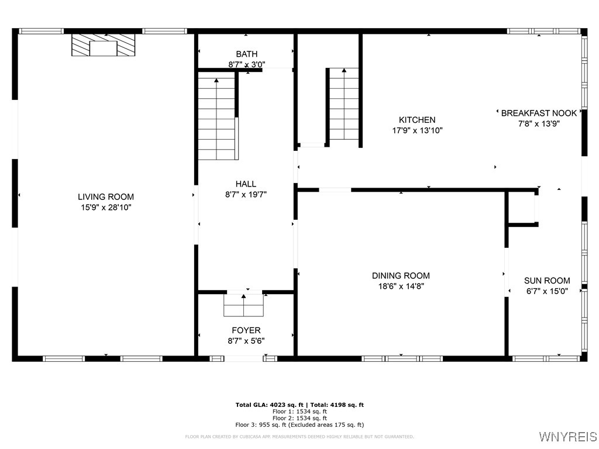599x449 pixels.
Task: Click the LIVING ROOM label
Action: coord(106,197)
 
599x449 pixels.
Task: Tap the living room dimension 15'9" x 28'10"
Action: coord(106,208)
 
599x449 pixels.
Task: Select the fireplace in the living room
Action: coord(104,45)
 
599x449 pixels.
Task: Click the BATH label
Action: coord(246,54)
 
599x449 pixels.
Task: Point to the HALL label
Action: coord(246,184)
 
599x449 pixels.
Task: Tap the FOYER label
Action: coord(246,331)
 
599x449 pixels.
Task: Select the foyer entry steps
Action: coord(244,305)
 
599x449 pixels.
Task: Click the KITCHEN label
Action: coord(417,120)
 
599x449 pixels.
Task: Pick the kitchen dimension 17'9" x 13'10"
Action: coord(417,130)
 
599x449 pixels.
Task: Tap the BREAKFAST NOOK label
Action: coord(539,113)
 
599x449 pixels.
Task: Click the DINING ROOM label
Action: coord(401,276)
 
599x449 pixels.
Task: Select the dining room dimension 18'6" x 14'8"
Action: coord(401,286)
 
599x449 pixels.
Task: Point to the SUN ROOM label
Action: coord(547,281)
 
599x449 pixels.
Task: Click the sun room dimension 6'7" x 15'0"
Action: coord(547,291)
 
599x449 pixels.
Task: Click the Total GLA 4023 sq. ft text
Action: coord(270,405)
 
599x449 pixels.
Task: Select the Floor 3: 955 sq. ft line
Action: coord(299,425)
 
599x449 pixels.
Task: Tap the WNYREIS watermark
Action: coord(567,437)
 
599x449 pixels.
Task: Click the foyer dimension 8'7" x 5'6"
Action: coord(246,341)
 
